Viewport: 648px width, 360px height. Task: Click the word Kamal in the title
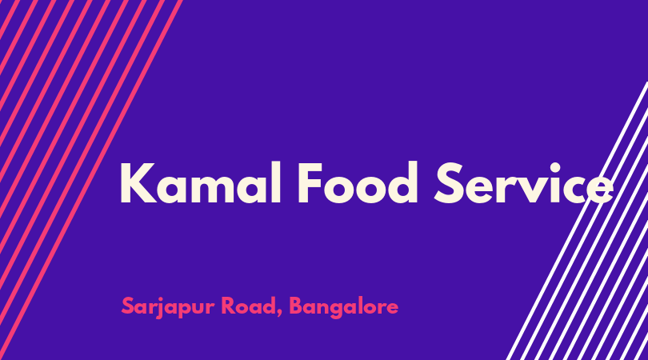(x=201, y=183)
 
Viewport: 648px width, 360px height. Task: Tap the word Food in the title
(x=358, y=183)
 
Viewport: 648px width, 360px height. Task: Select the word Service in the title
(x=524, y=183)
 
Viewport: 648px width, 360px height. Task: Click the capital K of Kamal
(x=138, y=183)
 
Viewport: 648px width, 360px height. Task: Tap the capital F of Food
(x=310, y=183)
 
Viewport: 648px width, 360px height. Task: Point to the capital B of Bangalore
(x=296, y=306)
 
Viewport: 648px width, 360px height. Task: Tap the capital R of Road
(x=229, y=306)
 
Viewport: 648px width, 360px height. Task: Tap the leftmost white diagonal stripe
(x=577, y=221)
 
